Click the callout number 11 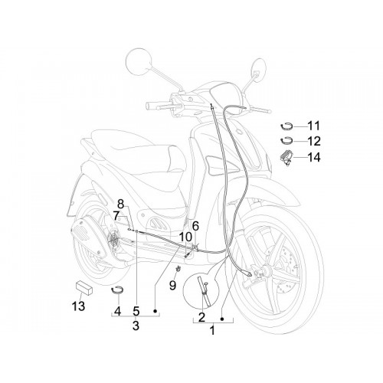pyautogui.click(x=313, y=126)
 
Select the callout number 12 pyautogui.click(x=313, y=141)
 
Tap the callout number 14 pyautogui.click(x=313, y=157)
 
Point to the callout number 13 pyautogui.click(x=78, y=306)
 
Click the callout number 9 pyautogui.click(x=173, y=285)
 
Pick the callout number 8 pyautogui.click(x=120, y=204)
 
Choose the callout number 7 pyautogui.click(x=116, y=216)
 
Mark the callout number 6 pyautogui.click(x=195, y=226)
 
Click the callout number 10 pyautogui.click(x=185, y=237)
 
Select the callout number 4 pyautogui.click(x=117, y=311)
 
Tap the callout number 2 pyautogui.click(x=201, y=317)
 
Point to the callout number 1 pyautogui.click(x=212, y=330)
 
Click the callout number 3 pyautogui.click(x=136, y=326)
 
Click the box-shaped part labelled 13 pyautogui.click(x=84, y=288)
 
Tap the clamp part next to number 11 pyautogui.click(x=286, y=127)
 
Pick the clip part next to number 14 pyautogui.click(x=286, y=158)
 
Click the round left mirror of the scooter pyautogui.click(x=139, y=62)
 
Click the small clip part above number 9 pyautogui.click(x=178, y=268)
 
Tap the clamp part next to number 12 pyautogui.click(x=286, y=142)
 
